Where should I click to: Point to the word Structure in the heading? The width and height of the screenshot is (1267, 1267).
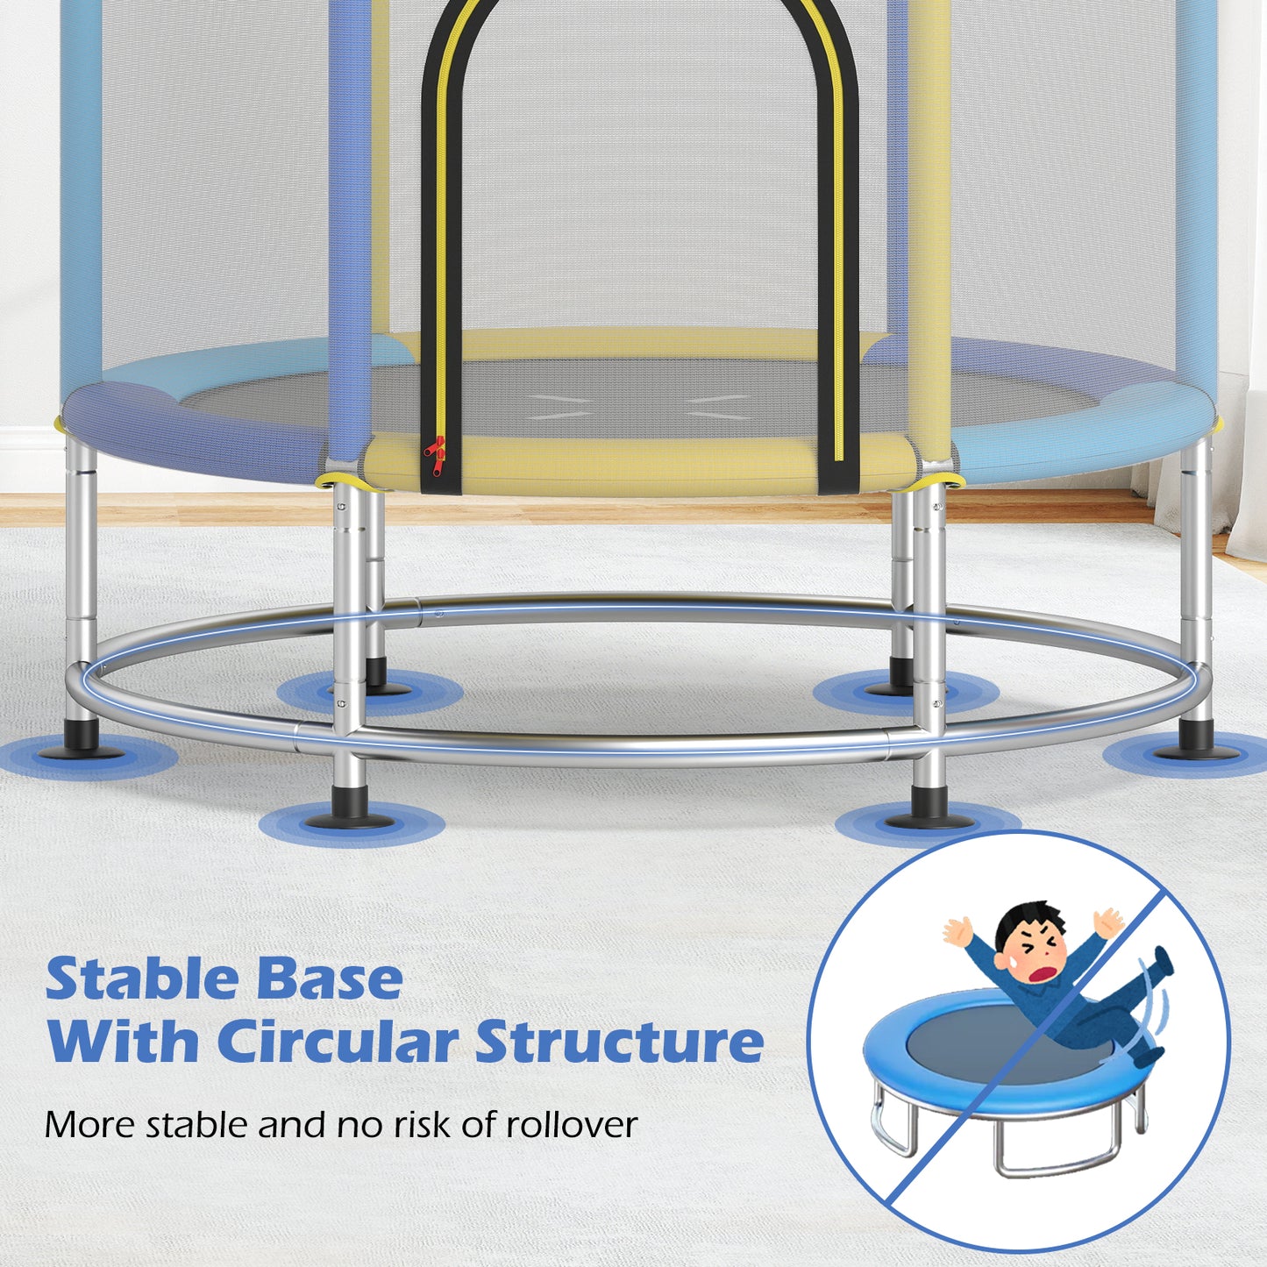coord(619,1042)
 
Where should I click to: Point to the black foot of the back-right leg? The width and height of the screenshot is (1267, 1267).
coord(900,679)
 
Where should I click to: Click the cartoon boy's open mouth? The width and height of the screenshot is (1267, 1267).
coord(1044,972)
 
